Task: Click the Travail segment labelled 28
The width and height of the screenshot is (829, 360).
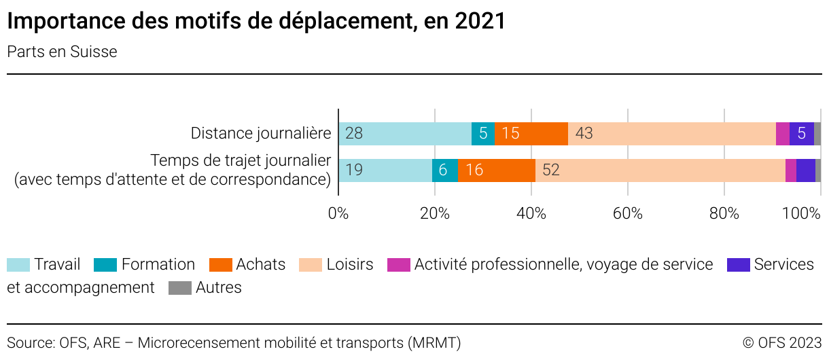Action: click(x=404, y=133)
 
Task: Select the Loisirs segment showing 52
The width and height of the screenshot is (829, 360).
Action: click(x=660, y=170)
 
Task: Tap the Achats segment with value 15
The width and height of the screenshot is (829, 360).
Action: click(x=531, y=133)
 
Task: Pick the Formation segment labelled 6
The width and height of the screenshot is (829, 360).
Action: click(x=445, y=170)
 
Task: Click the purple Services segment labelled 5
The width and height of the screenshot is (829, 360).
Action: click(x=802, y=133)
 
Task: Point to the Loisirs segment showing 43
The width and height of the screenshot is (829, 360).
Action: click(x=671, y=133)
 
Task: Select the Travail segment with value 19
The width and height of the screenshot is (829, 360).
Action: click(x=385, y=170)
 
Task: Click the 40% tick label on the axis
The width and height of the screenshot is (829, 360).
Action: click(x=531, y=213)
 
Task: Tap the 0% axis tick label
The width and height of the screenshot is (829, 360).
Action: click(x=338, y=213)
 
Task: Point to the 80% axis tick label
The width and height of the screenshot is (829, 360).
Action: click(x=724, y=213)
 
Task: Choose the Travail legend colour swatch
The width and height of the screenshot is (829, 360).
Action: click(x=18, y=265)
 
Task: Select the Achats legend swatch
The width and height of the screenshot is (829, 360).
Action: click(x=220, y=265)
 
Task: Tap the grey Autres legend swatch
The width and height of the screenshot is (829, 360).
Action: click(x=179, y=288)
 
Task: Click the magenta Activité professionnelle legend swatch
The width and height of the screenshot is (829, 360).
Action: click(x=399, y=265)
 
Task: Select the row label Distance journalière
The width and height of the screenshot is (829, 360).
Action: click(x=261, y=133)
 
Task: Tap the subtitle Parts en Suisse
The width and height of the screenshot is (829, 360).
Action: click(x=62, y=52)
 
